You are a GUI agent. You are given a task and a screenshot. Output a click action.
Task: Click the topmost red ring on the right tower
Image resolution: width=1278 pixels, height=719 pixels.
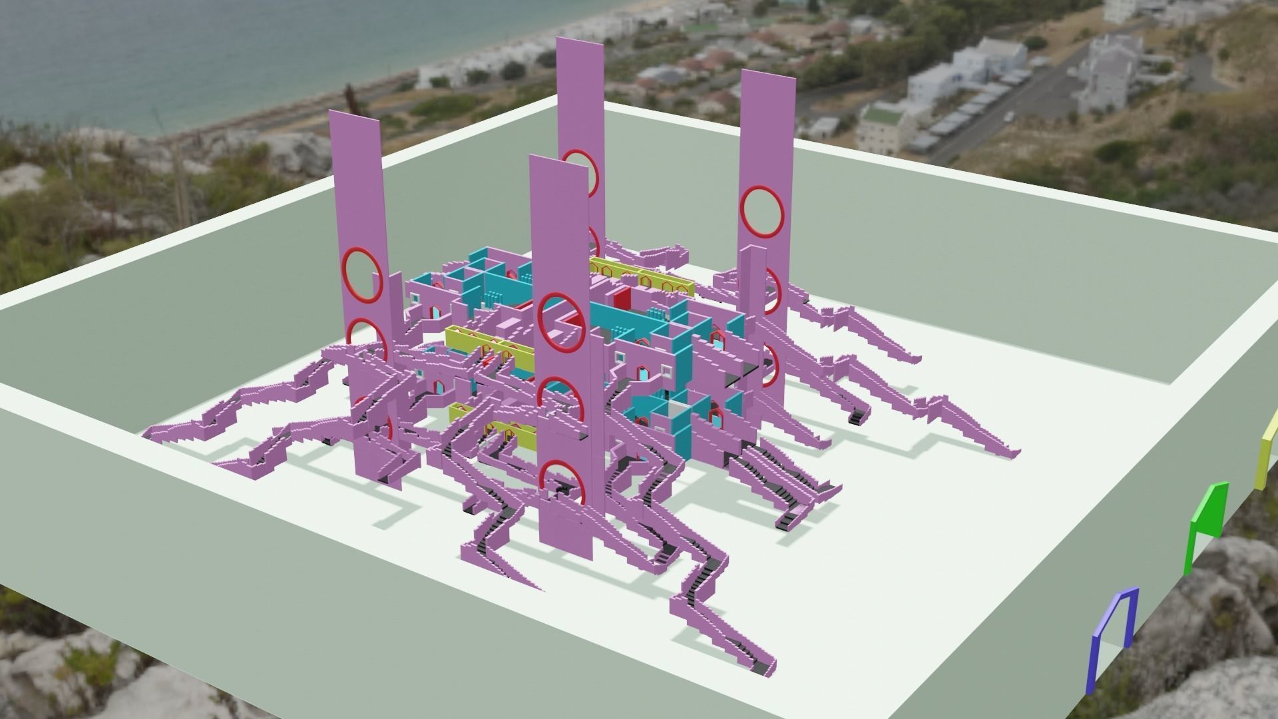[x=763, y=211]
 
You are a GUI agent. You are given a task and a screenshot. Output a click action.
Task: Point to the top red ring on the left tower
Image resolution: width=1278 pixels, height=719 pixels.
[x=362, y=274]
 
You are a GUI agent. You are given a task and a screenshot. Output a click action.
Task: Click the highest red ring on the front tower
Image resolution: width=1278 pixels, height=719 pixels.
[x=560, y=322]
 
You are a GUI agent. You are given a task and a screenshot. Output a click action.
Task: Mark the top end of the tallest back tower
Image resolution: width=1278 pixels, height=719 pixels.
[x=580, y=41]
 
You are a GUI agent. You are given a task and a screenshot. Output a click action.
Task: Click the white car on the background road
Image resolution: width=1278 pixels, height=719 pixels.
[x=1010, y=117]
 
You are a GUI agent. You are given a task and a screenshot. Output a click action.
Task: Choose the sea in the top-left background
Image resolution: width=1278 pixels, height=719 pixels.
[x=166, y=53]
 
